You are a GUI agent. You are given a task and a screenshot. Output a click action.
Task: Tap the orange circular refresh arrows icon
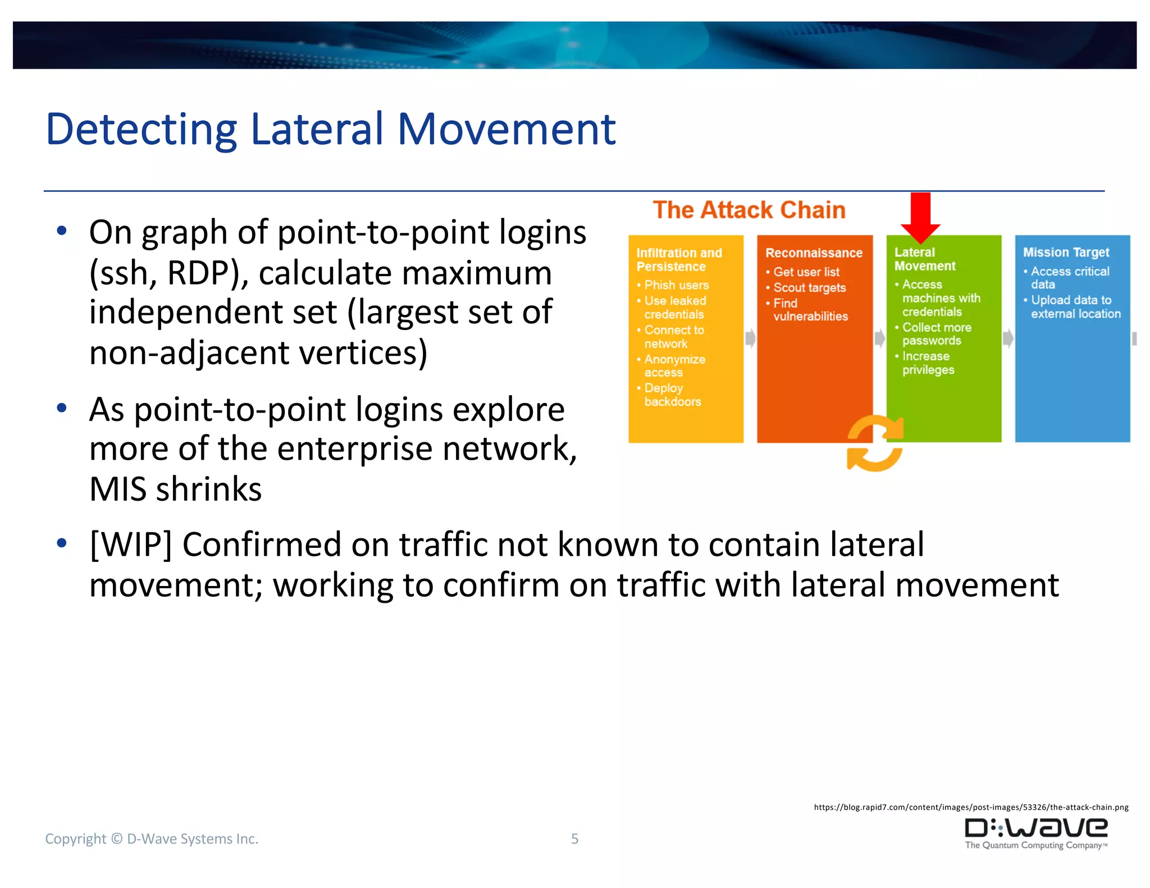(x=875, y=443)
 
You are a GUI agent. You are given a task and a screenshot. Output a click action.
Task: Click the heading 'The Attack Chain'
(x=749, y=210)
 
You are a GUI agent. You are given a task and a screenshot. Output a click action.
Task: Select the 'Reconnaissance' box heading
(x=814, y=253)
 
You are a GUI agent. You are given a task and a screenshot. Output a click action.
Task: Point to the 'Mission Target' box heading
(x=1066, y=253)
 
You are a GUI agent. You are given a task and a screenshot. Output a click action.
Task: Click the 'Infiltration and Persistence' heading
(x=679, y=260)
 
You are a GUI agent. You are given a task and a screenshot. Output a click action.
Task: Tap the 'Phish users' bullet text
(x=676, y=285)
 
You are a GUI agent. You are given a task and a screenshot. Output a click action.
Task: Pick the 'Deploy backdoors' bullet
(x=672, y=395)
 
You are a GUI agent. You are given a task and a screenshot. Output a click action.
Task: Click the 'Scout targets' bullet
(x=809, y=288)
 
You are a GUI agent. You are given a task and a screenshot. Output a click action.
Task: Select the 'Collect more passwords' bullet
(x=936, y=334)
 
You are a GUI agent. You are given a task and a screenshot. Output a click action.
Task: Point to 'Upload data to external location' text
(x=1075, y=307)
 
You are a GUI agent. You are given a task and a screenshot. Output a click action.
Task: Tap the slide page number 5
(x=574, y=839)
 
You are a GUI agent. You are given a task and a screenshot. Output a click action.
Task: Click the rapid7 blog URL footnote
(x=971, y=807)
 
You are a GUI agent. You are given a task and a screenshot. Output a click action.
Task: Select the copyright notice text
(x=152, y=839)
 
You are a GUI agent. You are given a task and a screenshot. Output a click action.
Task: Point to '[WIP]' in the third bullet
(x=130, y=544)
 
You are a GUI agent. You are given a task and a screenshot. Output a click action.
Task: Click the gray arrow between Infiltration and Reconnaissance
(x=750, y=338)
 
